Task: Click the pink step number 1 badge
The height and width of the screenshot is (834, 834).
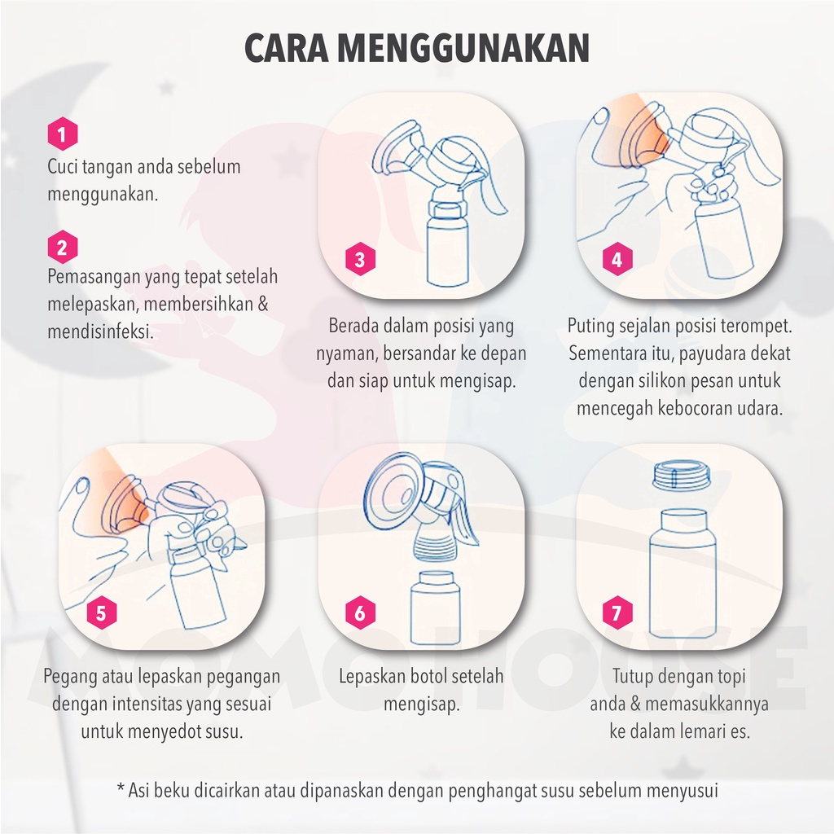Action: pos(63,134)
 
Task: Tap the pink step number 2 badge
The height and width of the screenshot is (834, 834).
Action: pos(63,245)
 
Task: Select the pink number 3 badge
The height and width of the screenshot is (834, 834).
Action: pos(360,261)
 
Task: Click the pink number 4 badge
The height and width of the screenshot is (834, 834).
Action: pos(617,261)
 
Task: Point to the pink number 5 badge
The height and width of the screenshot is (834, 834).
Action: pos(101,613)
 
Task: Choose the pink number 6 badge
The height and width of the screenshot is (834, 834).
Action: pos(360,613)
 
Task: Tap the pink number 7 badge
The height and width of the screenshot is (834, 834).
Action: pos(617,613)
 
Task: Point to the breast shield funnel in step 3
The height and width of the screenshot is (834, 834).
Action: pos(394,151)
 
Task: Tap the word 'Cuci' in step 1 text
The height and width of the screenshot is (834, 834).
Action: pos(63,167)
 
